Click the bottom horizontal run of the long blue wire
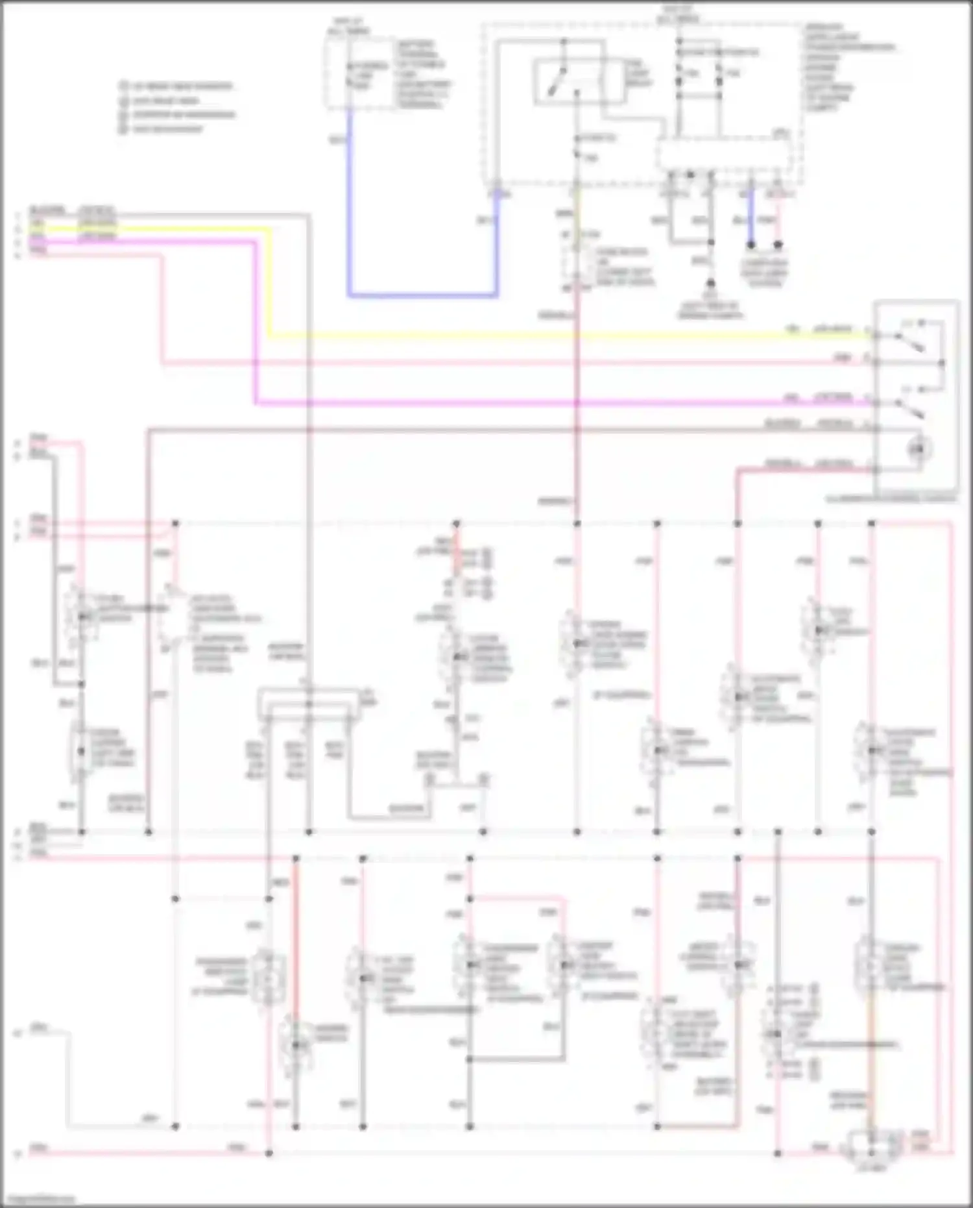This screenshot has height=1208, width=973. click(x=422, y=295)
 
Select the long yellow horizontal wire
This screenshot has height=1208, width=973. click(x=551, y=336)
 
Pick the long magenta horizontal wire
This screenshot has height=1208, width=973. click(x=551, y=403)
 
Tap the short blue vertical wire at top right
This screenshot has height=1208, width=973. click(x=751, y=217)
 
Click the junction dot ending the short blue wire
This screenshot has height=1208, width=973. click(x=751, y=245)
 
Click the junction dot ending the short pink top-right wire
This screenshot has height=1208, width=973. click(x=778, y=245)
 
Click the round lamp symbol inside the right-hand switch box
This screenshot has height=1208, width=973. click(x=919, y=448)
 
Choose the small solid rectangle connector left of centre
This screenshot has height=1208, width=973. click(x=309, y=705)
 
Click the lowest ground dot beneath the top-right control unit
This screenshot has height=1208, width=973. click(x=711, y=284)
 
